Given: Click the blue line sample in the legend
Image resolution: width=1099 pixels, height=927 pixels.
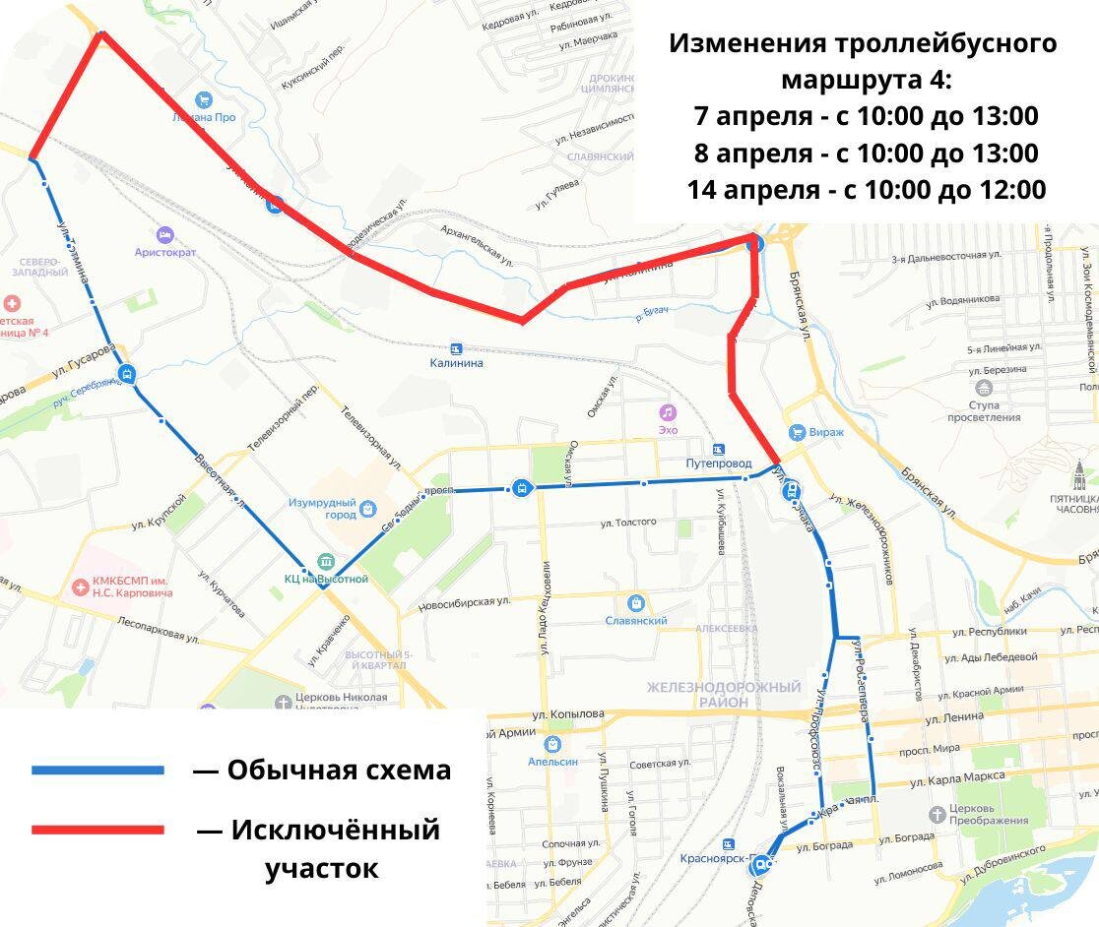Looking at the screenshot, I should click(97, 770).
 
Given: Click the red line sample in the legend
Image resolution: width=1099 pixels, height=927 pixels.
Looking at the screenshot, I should click(97, 830).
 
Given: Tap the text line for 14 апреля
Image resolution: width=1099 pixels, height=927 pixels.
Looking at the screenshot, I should click(866, 189).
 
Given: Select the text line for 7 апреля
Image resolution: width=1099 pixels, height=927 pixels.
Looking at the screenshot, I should click(866, 116).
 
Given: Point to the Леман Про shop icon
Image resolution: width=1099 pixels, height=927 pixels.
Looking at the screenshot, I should click(204, 99).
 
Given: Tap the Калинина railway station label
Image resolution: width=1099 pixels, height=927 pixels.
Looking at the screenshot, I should click(456, 363).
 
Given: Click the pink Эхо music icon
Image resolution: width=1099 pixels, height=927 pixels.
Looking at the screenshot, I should click(668, 411).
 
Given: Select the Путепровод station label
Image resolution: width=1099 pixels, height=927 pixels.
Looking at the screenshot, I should click(719, 463).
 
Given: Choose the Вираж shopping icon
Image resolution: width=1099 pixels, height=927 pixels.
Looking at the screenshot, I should click(797, 432).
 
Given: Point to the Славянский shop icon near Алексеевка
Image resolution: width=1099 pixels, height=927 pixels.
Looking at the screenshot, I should click(636, 602).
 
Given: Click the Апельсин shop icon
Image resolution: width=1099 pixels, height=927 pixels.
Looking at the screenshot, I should click(551, 744).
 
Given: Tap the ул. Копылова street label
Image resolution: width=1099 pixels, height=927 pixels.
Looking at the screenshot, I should click(567, 713).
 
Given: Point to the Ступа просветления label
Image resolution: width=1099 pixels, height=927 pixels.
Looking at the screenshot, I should click(984, 411).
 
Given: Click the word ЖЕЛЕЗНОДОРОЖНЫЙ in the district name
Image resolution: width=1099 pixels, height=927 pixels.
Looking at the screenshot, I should click(724, 687).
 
